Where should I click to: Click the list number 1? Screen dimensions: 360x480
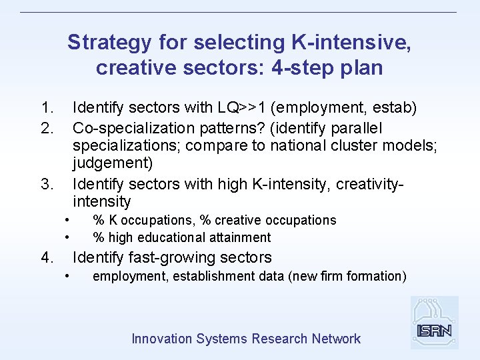click(46, 108)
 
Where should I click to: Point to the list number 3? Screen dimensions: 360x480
click(46, 183)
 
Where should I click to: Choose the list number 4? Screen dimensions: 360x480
click(46, 257)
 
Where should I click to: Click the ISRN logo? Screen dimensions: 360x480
click(434, 323)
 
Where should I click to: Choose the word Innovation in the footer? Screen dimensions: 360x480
click(161, 339)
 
